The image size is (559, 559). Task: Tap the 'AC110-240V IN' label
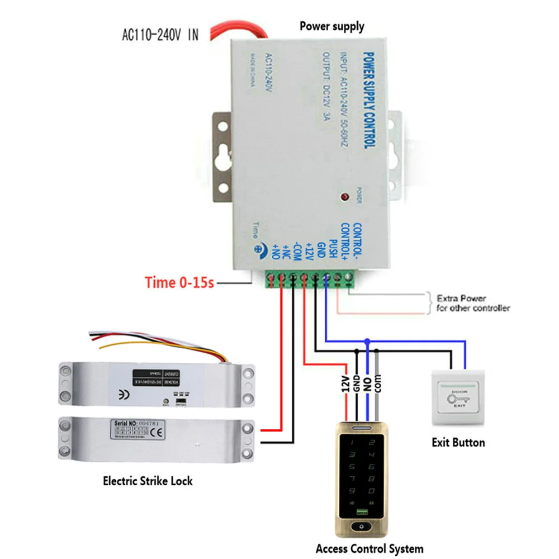[x=160, y=35]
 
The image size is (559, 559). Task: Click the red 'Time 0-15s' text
[x=179, y=282]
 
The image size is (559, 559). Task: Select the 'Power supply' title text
[x=331, y=26]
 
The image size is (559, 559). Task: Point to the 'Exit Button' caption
[x=458, y=442]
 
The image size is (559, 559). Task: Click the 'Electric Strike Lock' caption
[x=148, y=480]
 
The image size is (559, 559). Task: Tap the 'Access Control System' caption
[x=369, y=548]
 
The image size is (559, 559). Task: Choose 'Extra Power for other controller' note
[x=473, y=303]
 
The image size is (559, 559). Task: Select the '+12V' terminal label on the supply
[x=309, y=249]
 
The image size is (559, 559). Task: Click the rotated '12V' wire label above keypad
[x=345, y=385]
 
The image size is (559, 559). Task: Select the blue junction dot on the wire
[x=367, y=340]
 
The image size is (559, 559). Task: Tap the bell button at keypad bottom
[x=364, y=527]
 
